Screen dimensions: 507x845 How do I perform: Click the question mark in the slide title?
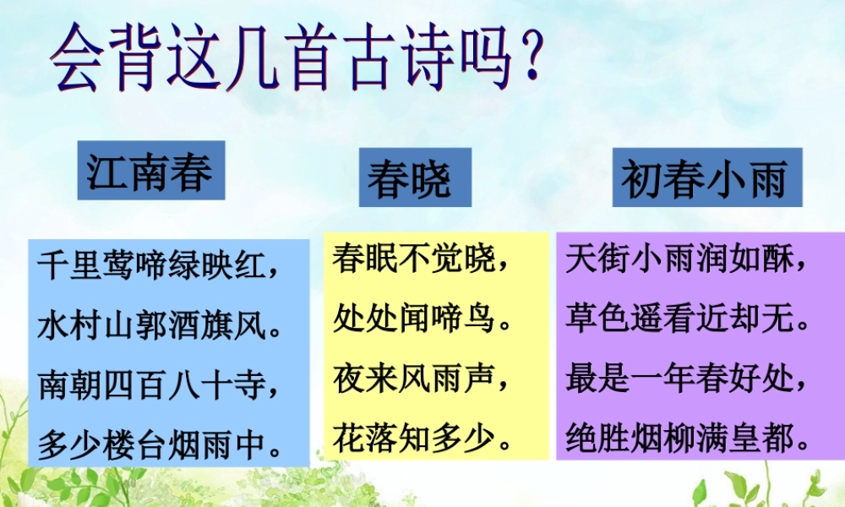click(x=530, y=61)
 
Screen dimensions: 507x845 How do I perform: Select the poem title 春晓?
click(x=410, y=179)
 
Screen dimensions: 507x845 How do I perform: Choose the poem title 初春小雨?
click(x=706, y=178)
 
